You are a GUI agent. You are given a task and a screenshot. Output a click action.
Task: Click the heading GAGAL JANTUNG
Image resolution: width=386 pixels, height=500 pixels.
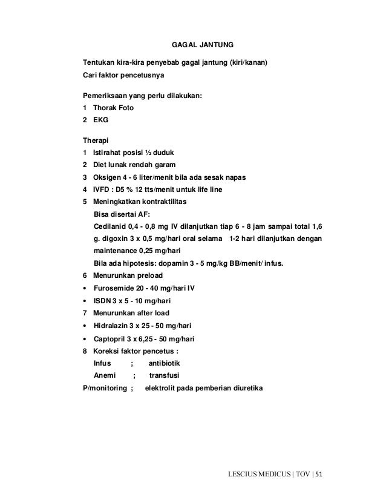(200, 45)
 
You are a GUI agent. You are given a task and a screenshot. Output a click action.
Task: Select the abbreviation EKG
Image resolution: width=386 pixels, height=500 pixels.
(100, 120)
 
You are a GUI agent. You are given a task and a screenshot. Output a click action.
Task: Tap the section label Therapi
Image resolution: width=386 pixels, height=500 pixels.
(96, 140)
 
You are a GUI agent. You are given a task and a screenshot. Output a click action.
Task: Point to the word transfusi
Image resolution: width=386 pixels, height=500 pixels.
(166, 376)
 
